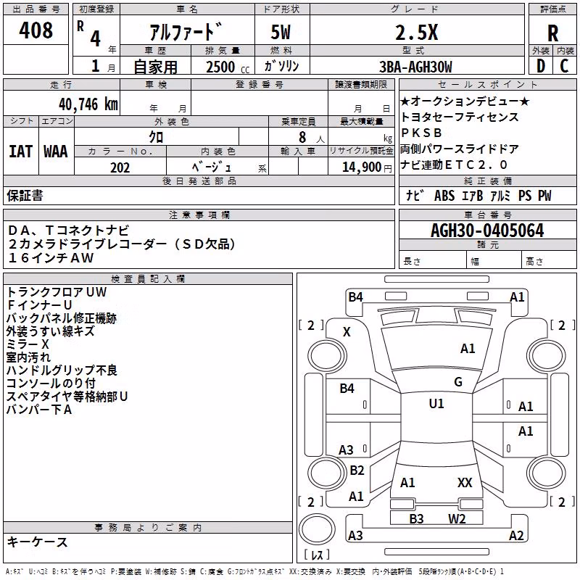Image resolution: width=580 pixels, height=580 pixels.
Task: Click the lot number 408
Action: click(36, 30)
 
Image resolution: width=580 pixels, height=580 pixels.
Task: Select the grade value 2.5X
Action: click(416, 32)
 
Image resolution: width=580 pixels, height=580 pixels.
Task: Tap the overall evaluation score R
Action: click(552, 33)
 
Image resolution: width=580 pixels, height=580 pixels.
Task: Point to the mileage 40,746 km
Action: click(88, 104)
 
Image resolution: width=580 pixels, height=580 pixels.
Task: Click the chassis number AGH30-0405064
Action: click(487, 231)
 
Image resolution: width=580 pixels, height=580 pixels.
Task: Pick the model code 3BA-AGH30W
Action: click(415, 67)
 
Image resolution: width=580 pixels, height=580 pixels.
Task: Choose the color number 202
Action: click(120, 167)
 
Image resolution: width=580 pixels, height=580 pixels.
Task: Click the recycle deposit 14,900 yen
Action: click(367, 167)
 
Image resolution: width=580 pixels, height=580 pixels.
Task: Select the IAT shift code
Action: click(20, 152)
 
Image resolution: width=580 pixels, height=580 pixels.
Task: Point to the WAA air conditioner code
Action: click(56, 152)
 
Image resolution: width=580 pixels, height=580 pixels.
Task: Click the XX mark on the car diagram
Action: click(465, 482)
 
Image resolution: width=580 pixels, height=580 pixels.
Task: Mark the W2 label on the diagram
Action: click(457, 519)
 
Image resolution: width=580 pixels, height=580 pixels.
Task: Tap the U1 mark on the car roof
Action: click(436, 404)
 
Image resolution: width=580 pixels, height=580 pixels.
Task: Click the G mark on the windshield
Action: click(458, 382)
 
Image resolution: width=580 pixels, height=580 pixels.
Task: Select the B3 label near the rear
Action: click(416, 519)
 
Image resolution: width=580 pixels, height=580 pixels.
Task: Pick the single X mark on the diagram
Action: click(347, 332)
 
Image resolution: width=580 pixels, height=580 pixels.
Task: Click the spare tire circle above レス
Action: click(317, 529)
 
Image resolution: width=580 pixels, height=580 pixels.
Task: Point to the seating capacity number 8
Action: click(302, 137)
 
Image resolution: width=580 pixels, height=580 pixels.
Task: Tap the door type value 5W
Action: click(281, 32)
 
